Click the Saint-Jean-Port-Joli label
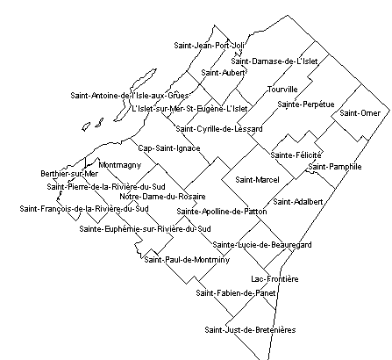coord(209,46)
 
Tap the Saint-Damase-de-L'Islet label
coord(274,61)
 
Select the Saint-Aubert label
coord(223,73)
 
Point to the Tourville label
coord(282,90)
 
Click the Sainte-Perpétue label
coord(306,104)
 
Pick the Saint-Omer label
coord(360,113)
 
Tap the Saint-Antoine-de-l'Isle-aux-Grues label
coord(130,96)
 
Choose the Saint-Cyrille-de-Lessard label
coord(219,129)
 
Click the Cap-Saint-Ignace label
coord(169,148)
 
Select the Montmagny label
coord(120,165)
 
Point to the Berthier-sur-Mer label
coord(69,174)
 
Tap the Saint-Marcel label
coord(257,179)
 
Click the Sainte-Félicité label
coord(296,155)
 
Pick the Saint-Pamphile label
coord(335,167)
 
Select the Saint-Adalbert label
coord(298,202)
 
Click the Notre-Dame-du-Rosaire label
coord(162,197)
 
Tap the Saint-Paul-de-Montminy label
coord(187,260)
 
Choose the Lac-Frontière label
coord(274,279)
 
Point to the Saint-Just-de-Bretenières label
coord(250,330)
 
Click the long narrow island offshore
coord(135,95)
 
